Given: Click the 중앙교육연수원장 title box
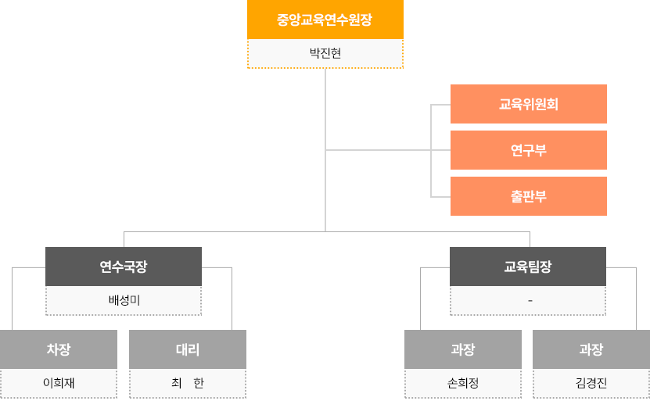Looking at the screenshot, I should [325, 20].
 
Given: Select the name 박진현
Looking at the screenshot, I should [325, 54].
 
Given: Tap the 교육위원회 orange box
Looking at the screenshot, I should [529, 104].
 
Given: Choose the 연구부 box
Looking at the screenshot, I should [529, 150].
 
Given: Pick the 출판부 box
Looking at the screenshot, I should [529, 196].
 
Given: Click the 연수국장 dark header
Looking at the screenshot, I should [124, 267].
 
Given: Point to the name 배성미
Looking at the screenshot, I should [124, 300].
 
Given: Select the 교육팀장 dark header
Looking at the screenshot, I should [528, 267].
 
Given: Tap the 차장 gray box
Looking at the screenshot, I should [59, 349].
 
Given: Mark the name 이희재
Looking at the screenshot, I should [59, 383].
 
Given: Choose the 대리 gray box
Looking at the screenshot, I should [188, 349].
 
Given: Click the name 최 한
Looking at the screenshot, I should [188, 383].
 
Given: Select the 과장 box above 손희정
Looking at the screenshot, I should [463, 349].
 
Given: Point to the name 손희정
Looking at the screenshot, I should [463, 383].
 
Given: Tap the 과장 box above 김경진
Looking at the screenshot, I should [591, 349].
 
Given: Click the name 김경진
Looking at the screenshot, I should [591, 383].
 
